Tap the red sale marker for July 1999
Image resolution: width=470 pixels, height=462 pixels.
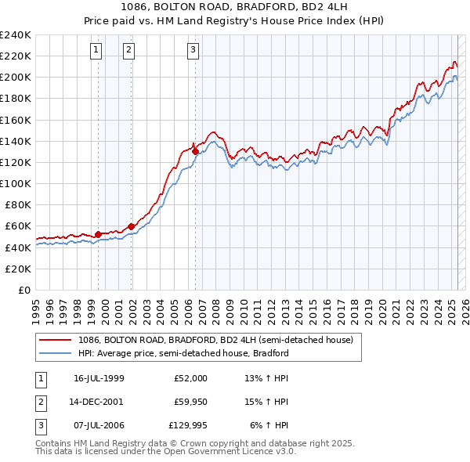click(98, 233)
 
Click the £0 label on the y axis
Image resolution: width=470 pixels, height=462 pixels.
click(26, 290)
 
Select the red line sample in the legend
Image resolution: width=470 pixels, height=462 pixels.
click(55, 341)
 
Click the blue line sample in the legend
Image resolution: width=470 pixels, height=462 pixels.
click(55, 353)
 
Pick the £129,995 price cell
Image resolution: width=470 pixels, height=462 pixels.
click(188, 426)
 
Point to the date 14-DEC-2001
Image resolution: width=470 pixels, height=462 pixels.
click(98, 402)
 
